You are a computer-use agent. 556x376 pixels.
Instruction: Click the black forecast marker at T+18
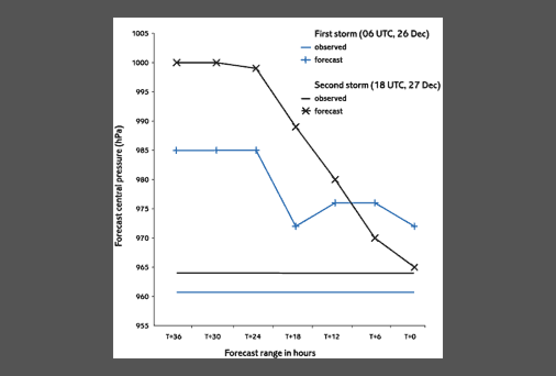(296, 127)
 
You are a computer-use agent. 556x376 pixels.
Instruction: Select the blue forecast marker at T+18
(296, 226)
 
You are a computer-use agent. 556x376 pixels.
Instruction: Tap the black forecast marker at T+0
(414, 267)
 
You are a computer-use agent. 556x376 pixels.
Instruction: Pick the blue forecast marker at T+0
(414, 226)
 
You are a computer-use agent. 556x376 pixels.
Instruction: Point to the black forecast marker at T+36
(177, 63)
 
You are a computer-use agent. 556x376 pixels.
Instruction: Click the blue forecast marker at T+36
(176, 150)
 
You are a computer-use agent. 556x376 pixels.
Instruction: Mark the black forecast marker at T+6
(375, 238)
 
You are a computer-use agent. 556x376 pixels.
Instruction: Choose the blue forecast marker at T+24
(256, 150)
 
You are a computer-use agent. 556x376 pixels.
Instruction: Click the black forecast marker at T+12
(335, 180)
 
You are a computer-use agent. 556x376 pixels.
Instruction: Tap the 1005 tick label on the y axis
(141, 34)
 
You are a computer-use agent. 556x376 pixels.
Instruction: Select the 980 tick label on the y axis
(141, 180)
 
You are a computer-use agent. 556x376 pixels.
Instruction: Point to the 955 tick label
(141, 325)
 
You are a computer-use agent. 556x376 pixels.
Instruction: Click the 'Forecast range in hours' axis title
(270, 353)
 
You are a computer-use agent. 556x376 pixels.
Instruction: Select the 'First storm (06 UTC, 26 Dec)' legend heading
(371, 34)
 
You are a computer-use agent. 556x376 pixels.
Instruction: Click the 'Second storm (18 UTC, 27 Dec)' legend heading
(377, 85)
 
